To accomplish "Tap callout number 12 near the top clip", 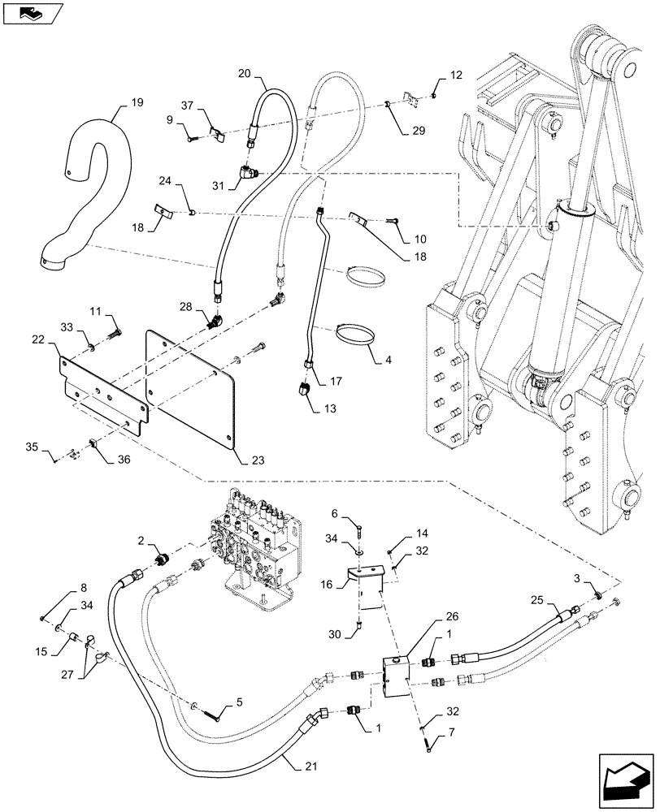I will click(x=456, y=76).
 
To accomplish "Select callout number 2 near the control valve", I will click(x=141, y=540).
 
